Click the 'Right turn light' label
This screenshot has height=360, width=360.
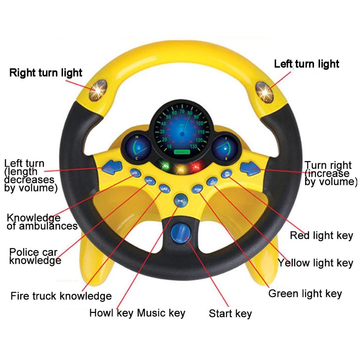[46, 73]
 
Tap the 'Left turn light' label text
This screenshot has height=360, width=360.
[306, 64]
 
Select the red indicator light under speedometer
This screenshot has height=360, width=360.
[196, 166]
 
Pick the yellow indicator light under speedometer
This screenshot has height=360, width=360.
[181, 168]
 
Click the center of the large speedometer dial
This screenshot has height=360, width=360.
[182, 131]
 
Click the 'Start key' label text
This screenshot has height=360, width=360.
[230, 313]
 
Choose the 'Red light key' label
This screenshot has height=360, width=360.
[322, 236]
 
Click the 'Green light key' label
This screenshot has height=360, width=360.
[305, 293]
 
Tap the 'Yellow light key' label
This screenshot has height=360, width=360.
[315, 263]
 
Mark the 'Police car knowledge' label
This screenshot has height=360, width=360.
[35, 256]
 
